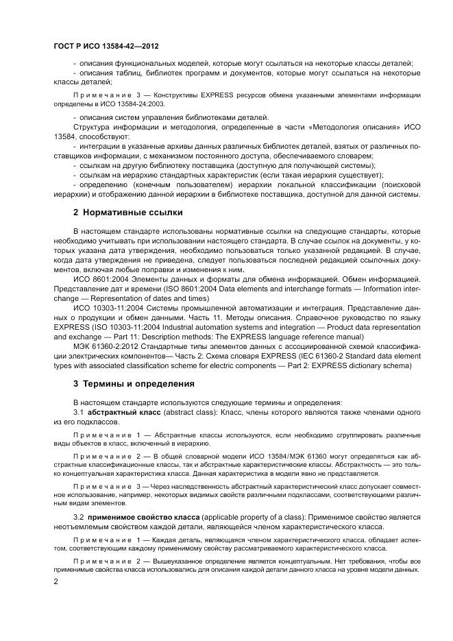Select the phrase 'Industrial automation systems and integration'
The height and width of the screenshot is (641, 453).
pos(206,328)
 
